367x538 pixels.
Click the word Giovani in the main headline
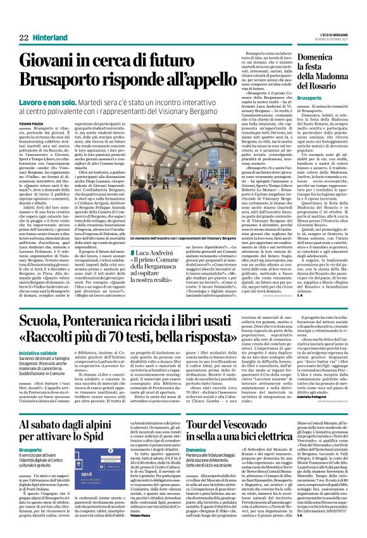(51, 61)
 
